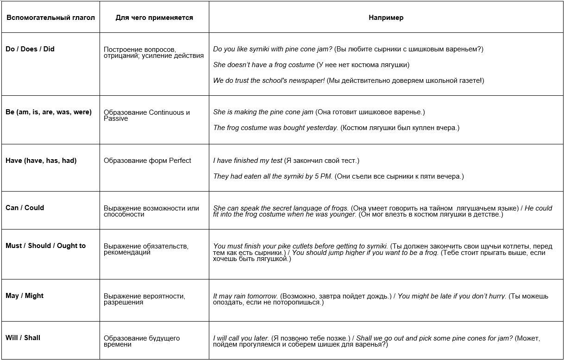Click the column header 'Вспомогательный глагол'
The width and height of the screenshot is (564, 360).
(x=50, y=18)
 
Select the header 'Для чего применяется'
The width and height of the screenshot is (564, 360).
(x=154, y=18)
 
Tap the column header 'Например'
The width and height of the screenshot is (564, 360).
(x=386, y=18)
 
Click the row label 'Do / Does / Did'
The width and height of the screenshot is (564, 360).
(x=30, y=49)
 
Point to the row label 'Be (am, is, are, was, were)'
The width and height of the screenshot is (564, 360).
(x=49, y=112)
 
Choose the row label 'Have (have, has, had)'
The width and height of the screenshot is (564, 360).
(x=41, y=161)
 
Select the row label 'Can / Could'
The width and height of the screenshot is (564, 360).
(x=25, y=208)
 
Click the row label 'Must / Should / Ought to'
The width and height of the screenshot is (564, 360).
(x=46, y=246)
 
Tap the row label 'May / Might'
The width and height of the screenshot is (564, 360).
(x=25, y=296)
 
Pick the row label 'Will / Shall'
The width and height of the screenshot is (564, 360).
(x=23, y=338)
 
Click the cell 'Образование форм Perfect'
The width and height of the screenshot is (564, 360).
(x=147, y=161)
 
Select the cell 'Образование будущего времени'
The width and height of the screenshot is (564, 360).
(x=142, y=341)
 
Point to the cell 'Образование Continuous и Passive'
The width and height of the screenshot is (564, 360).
(x=147, y=115)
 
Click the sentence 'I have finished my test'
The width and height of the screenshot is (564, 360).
(x=248, y=161)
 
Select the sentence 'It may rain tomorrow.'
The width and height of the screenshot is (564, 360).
(x=245, y=296)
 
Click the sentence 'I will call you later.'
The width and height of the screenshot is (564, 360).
(x=241, y=338)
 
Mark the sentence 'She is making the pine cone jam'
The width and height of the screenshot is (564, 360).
(x=263, y=112)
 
